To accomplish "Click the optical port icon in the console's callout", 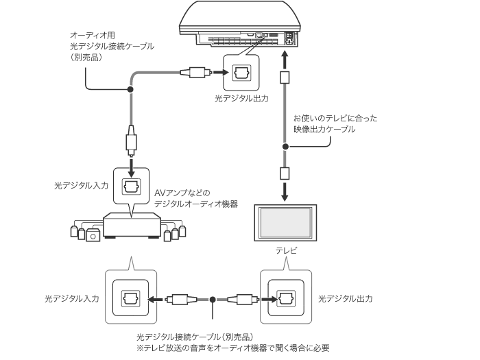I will point(241,73).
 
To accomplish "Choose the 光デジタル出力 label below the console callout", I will point(241,99).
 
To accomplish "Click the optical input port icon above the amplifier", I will point(130,186).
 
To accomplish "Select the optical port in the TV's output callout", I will point(286,299).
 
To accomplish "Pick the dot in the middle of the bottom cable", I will point(214,300).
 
